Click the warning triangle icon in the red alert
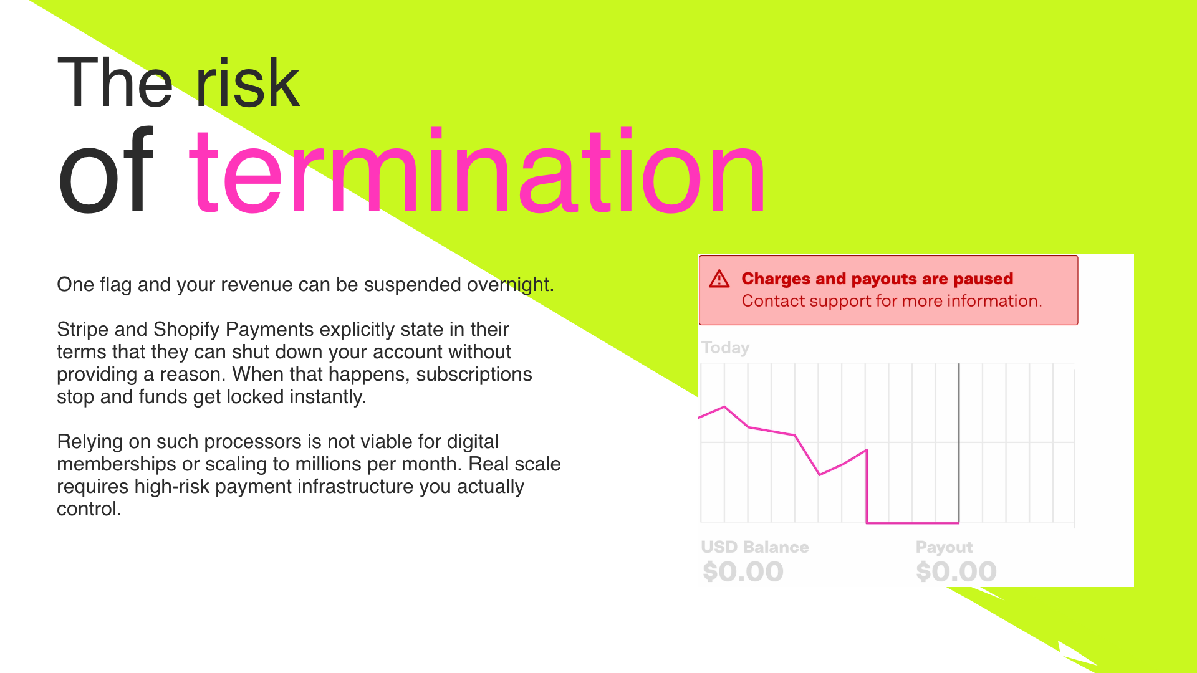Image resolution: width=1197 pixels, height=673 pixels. point(719,279)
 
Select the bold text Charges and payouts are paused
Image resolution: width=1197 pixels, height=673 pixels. point(877,279)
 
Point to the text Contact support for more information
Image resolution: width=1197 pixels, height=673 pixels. point(892,301)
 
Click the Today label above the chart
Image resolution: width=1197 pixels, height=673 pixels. point(725,348)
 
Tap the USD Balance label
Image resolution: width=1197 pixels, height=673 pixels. point(755,547)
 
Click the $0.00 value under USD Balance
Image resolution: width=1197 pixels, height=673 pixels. point(743,572)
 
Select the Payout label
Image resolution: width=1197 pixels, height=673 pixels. point(944,548)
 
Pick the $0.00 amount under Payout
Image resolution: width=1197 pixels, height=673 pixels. point(956,572)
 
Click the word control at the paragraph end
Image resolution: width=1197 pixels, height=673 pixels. point(89,509)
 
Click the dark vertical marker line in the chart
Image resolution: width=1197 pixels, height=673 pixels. point(959,443)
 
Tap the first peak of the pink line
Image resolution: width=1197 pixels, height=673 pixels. point(724,407)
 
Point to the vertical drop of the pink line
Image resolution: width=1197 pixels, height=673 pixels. point(867,486)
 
